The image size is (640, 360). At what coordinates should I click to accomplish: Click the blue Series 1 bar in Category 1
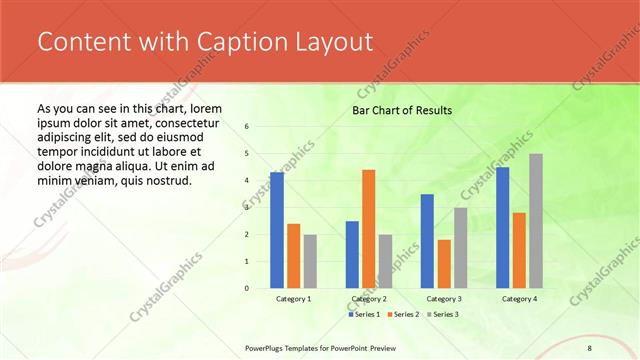(x=277, y=230)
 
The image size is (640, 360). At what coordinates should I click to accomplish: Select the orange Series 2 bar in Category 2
(x=368, y=229)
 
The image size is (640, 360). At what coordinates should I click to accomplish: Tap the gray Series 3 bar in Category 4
(x=536, y=221)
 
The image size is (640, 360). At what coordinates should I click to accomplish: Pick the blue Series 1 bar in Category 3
(x=427, y=241)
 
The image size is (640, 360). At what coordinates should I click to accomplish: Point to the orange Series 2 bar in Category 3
(x=444, y=264)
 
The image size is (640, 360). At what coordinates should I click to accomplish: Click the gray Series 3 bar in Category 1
(x=310, y=261)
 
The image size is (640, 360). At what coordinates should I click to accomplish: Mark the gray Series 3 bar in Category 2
(x=385, y=261)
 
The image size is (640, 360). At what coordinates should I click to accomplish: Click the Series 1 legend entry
(x=364, y=315)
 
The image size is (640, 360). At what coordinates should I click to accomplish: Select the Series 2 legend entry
(x=402, y=315)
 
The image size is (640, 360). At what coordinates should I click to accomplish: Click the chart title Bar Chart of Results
(x=402, y=110)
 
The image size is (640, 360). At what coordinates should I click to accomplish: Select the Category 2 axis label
(x=369, y=299)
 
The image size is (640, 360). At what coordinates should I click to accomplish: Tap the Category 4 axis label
(x=519, y=299)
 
